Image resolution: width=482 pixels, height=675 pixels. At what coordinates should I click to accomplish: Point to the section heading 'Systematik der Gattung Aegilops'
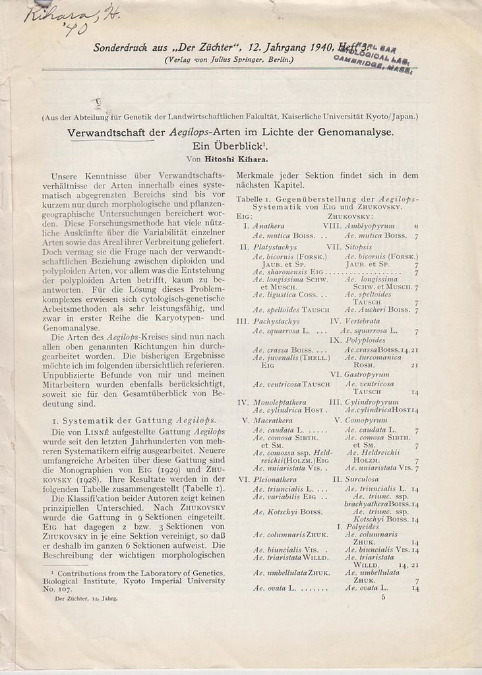click(138, 420)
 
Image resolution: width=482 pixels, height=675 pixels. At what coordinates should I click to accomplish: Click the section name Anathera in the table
click(268, 225)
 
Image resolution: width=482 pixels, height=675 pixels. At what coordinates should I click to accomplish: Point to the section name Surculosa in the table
click(371, 479)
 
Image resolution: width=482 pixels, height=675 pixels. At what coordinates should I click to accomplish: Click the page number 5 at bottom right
click(382, 597)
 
